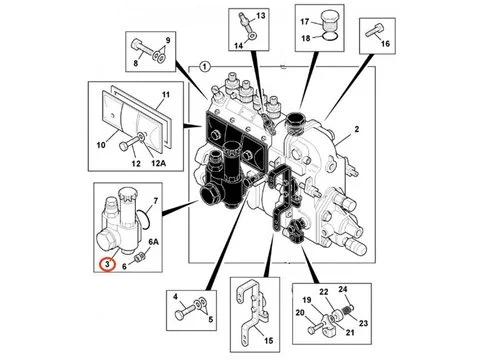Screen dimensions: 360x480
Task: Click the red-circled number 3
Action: pos(106,264)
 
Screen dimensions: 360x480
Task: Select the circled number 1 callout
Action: pos(205,66)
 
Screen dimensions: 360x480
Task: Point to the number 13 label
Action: pos(261,18)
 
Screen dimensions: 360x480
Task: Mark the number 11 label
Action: pos(166,95)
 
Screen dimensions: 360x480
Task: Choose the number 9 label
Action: pos(167,39)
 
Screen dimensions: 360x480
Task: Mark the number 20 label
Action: pos(299,312)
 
